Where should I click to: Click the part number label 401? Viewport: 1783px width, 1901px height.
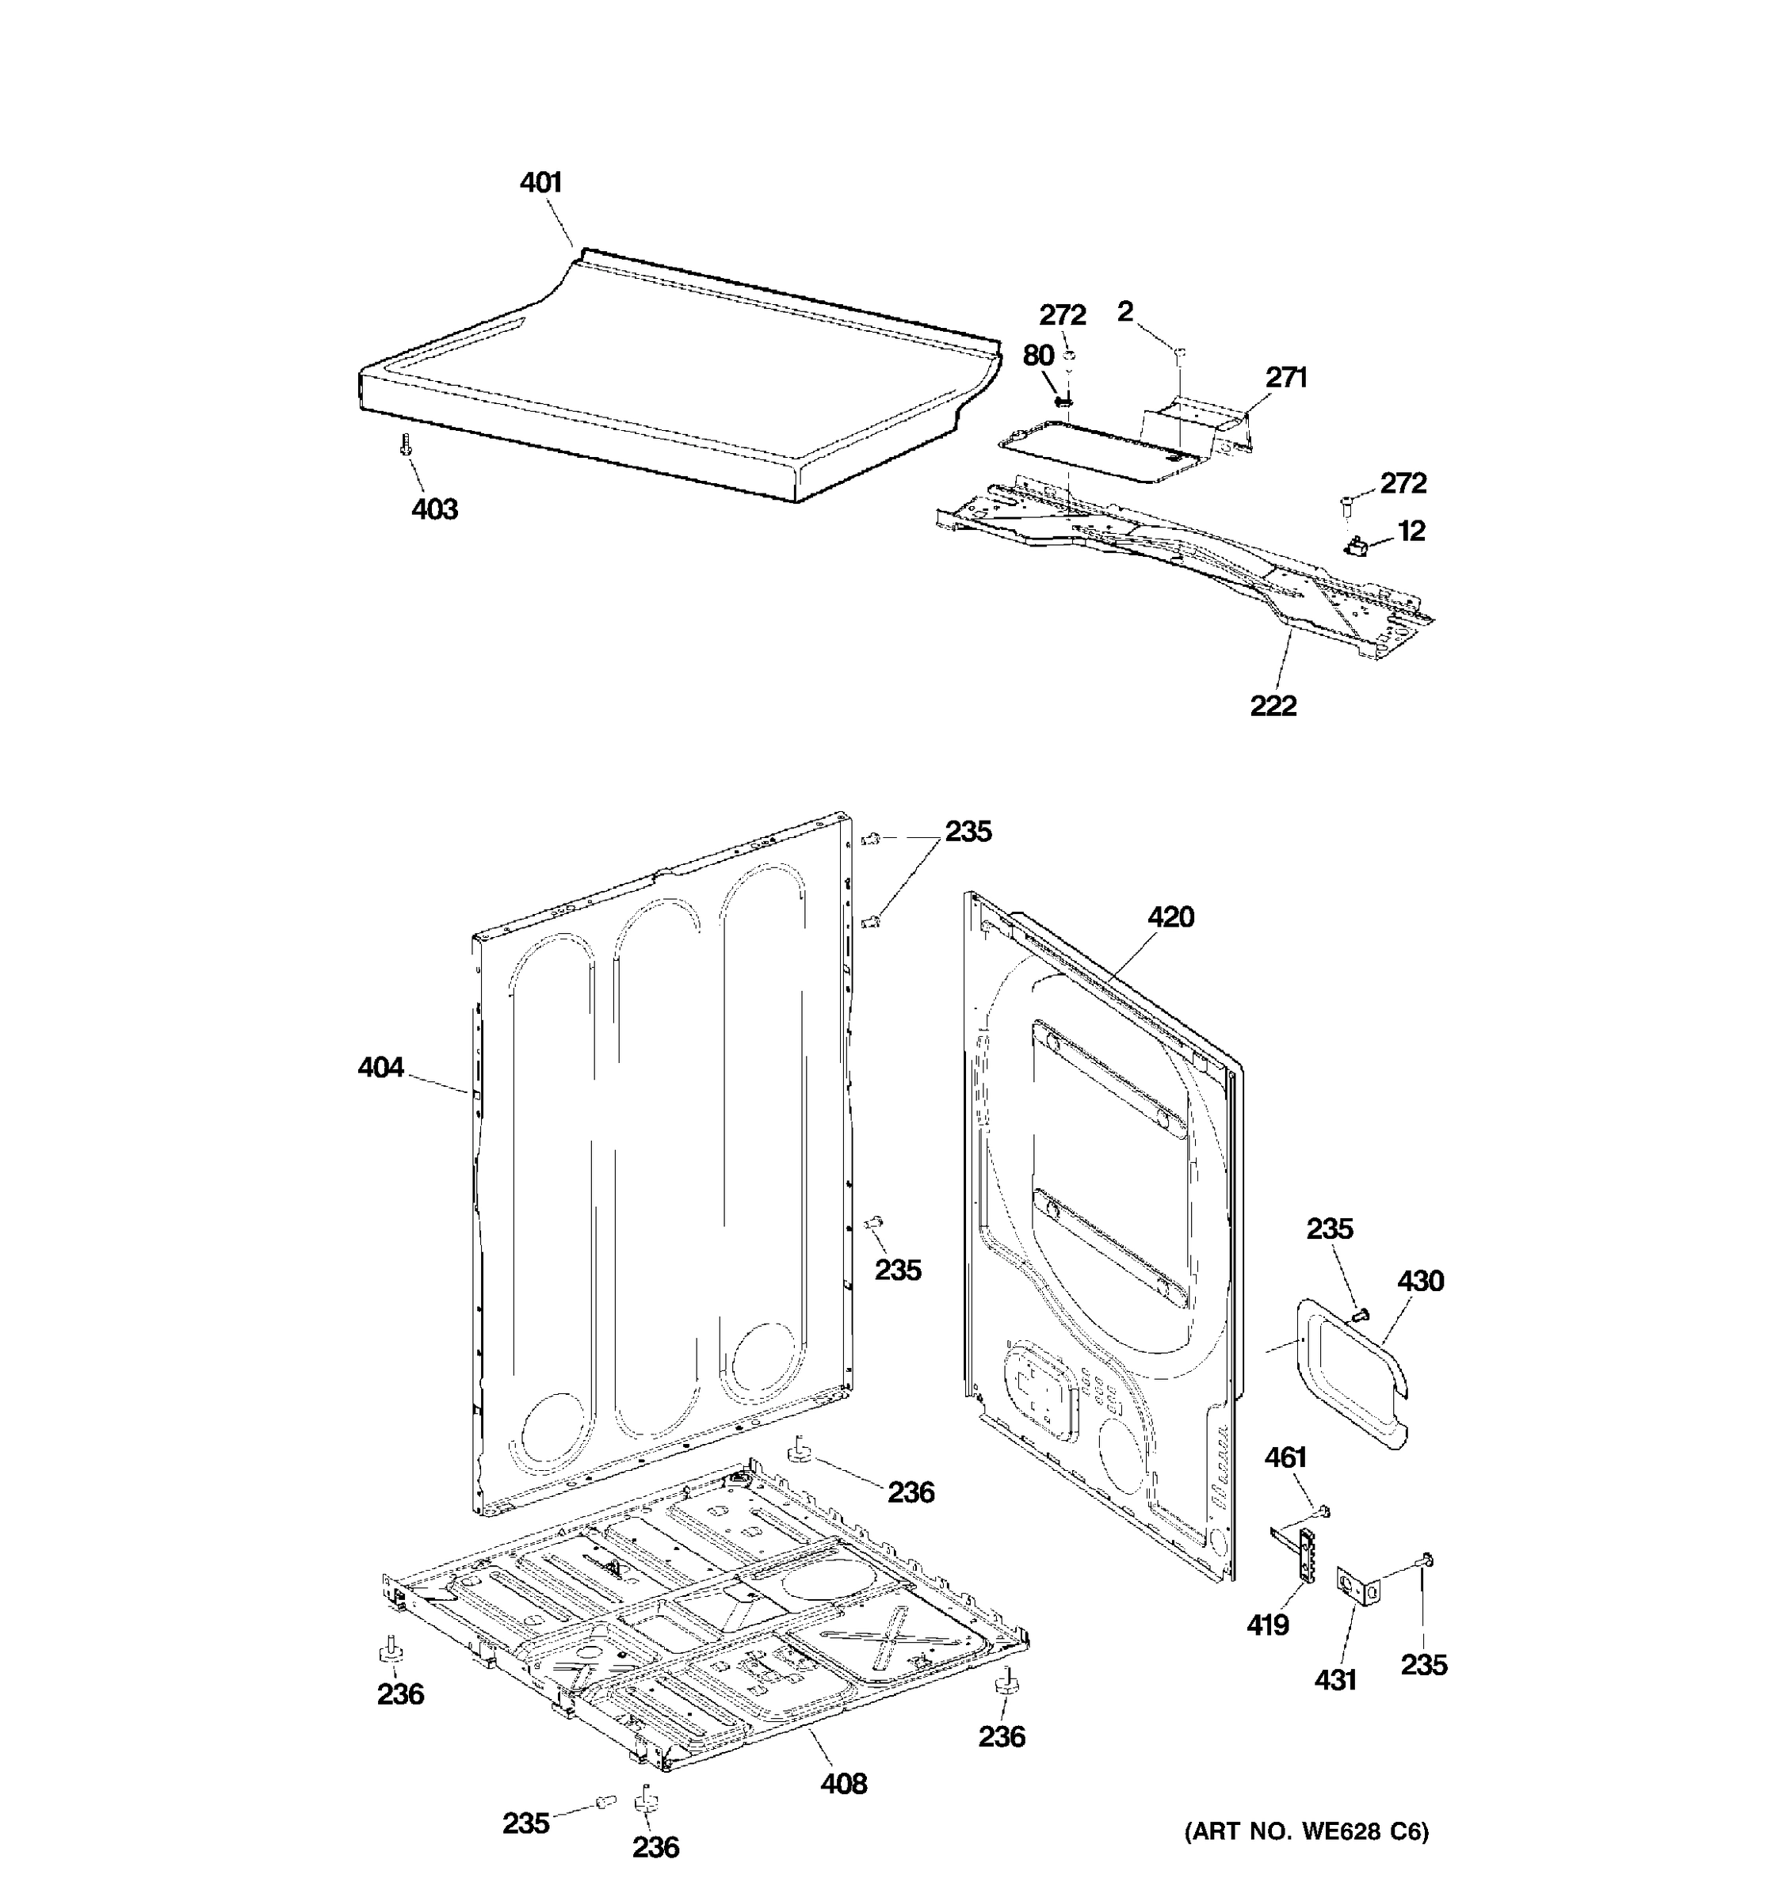click(540, 183)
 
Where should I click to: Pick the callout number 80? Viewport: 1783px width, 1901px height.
click(1038, 356)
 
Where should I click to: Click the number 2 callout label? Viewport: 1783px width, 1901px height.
click(1125, 310)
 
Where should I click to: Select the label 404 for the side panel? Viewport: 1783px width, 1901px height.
click(380, 1067)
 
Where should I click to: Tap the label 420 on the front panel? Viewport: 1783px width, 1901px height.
click(1170, 917)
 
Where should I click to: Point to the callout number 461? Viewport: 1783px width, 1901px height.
click(1285, 1457)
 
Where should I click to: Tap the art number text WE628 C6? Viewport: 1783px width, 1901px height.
click(1307, 1831)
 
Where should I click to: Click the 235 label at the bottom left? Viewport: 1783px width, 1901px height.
click(526, 1823)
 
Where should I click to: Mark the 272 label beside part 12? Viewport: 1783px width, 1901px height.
click(1403, 483)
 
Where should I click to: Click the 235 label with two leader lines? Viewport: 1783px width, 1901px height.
click(968, 832)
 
